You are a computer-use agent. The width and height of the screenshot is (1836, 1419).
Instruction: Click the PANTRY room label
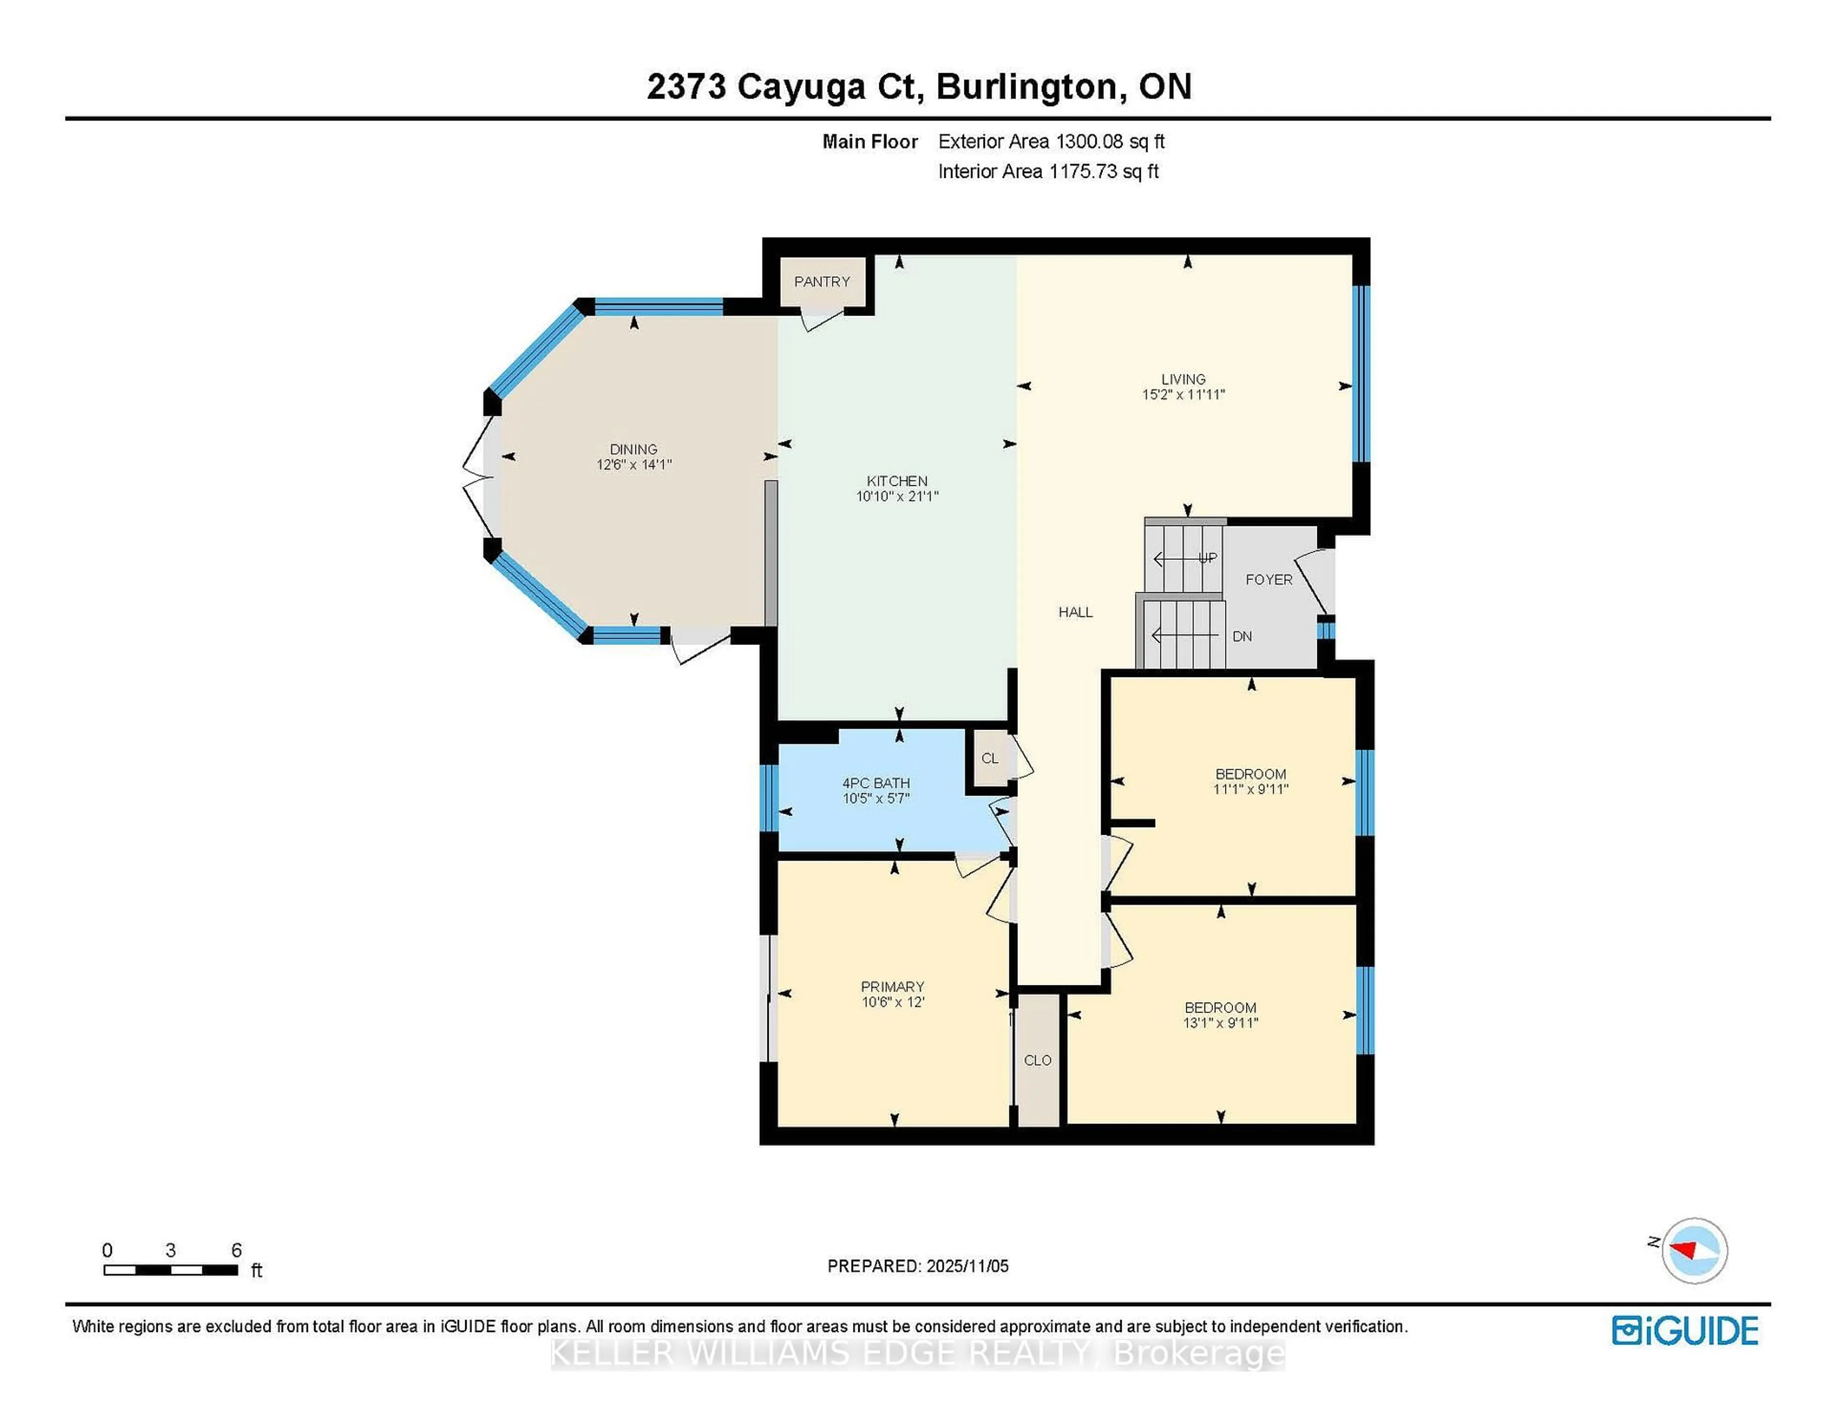(x=821, y=282)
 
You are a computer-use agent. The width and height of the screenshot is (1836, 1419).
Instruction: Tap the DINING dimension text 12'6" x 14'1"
(x=634, y=464)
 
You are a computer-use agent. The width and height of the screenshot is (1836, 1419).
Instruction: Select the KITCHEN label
(x=897, y=481)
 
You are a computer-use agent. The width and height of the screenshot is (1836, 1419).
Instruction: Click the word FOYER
(x=1268, y=579)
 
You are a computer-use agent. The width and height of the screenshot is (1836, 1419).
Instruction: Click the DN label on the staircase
(x=1242, y=636)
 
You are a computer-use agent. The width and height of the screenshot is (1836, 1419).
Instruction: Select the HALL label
(x=1075, y=612)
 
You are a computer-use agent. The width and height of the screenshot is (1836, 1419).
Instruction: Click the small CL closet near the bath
(x=989, y=758)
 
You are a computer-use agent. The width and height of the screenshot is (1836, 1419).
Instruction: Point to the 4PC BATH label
(x=876, y=783)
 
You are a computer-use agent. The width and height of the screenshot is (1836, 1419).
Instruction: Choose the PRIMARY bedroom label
(x=892, y=986)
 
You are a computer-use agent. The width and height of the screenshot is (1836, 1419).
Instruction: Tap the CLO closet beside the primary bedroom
(x=1038, y=1060)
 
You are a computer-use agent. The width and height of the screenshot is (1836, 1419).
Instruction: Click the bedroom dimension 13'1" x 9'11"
(x=1220, y=1023)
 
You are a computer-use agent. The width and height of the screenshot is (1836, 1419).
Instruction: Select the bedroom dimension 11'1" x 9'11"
(x=1250, y=789)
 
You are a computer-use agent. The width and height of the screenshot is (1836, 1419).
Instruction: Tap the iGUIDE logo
(x=1685, y=1331)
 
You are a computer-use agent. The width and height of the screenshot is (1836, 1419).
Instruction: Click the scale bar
(x=171, y=1269)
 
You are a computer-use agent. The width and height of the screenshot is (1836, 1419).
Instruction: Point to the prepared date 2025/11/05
(x=967, y=1266)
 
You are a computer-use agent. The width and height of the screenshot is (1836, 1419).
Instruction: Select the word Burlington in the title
(x=1031, y=87)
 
